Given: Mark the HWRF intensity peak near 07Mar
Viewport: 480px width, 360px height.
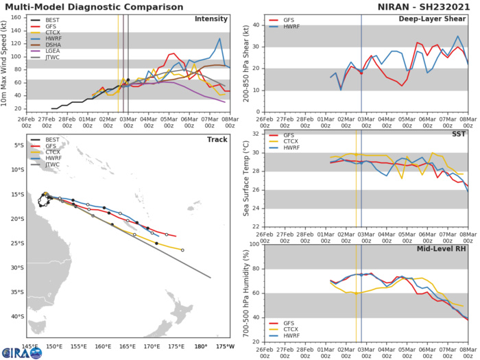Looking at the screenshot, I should coord(219,39).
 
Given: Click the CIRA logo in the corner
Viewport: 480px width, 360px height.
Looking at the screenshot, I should coord(21,352).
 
